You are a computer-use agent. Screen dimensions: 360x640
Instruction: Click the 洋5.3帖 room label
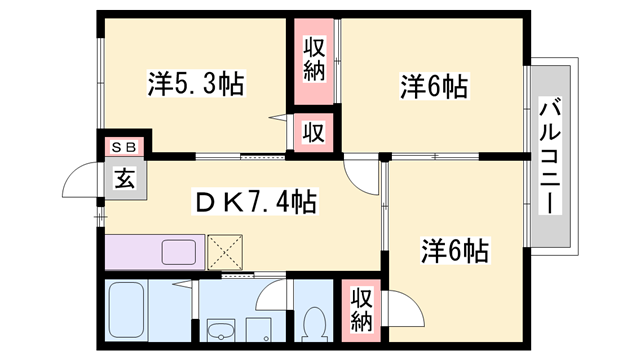click(x=196, y=83)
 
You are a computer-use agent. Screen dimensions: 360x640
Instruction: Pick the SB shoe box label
click(x=124, y=148)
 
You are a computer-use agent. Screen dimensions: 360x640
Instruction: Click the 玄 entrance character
click(x=124, y=180)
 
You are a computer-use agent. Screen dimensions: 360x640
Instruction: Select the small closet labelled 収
click(x=313, y=132)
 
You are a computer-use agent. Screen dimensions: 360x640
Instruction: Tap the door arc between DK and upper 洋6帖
click(x=358, y=171)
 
